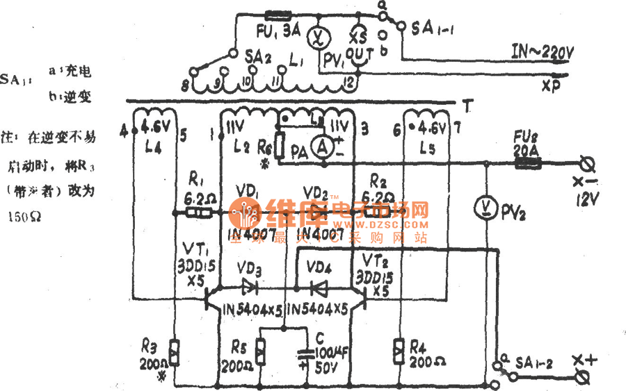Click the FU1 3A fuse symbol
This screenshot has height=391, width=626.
tap(278, 14)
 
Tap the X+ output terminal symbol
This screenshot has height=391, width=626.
tap(586, 377)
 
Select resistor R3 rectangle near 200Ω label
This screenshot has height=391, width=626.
tap(174, 353)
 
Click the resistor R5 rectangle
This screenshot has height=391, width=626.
tap(259, 353)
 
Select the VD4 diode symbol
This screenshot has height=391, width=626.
tap(318, 285)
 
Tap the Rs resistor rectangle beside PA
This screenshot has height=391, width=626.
tap(279, 146)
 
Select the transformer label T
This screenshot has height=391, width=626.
tap(467, 105)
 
